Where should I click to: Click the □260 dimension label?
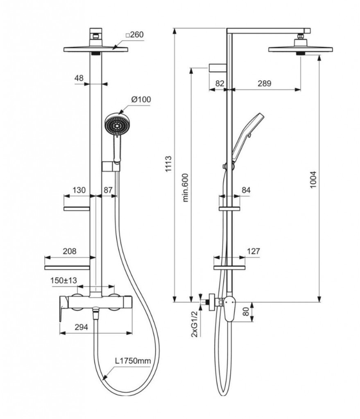(x=135, y=35)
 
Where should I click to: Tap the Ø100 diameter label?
(x=141, y=99)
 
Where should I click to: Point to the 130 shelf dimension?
(x=79, y=190)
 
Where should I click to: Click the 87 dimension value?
(x=108, y=190)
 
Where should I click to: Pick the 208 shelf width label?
(x=69, y=251)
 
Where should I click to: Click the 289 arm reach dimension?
(x=264, y=83)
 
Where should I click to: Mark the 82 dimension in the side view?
(x=220, y=83)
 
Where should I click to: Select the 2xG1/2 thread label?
(x=195, y=324)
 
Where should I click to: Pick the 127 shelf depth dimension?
(x=254, y=251)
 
